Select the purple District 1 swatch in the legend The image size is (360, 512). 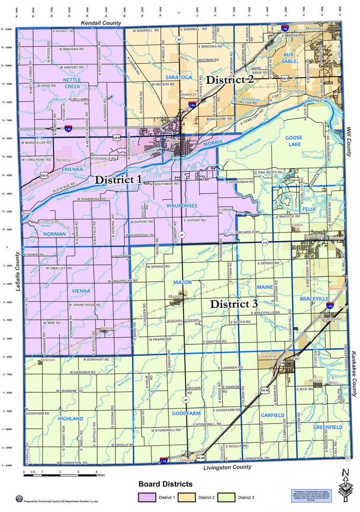click(146, 497)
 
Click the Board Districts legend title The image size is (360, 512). click(165, 484)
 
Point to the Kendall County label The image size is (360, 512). click(101, 22)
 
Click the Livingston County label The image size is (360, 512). click(227, 467)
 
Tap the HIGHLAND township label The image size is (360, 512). click(71, 418)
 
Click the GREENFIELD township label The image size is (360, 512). click(328, 427)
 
